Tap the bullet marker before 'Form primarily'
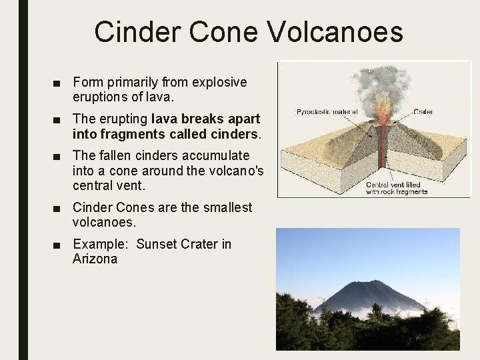(x=59, y=83)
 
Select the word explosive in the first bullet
(x=219, y=83)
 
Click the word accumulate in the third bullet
(x=217, y=155)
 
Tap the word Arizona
(x=95, y=259)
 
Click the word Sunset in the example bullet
(x=157, y=244)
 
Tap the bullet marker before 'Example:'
(x=59, y=245)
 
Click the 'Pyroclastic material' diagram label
(x=327, y=112)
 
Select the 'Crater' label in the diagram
(x=423, y=112)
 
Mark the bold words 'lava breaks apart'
(x=206, y=119)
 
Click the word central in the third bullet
(x=94, y=185)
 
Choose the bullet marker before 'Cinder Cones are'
(x=59, y=208)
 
